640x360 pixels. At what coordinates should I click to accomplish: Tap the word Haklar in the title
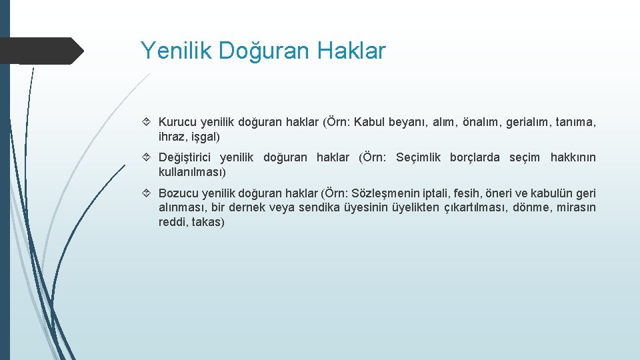tap(353, 51)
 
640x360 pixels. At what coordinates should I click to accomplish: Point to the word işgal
tap(204, 137)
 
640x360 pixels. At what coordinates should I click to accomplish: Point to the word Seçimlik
tap(418, 157)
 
